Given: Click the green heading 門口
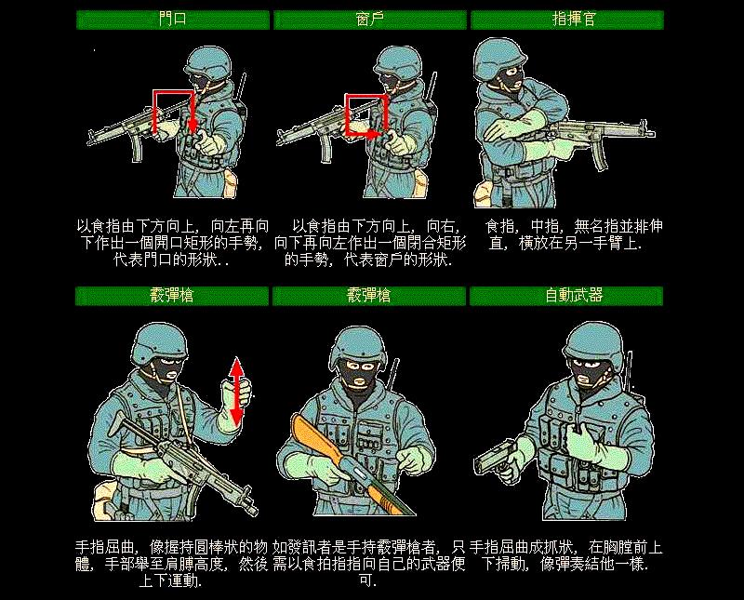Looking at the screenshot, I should [173, 20].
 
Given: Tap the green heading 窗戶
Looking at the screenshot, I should [370, 20].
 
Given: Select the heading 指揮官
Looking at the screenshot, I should [566, 20].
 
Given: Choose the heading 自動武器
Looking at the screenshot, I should [566, 296].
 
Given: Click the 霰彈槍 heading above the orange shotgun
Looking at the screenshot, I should [370, 296].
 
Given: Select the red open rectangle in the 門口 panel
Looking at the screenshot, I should [173, 110].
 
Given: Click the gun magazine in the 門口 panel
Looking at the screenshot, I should [138, 147].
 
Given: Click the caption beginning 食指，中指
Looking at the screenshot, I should [566, 234].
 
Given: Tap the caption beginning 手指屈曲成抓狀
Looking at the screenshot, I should [566, 556].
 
